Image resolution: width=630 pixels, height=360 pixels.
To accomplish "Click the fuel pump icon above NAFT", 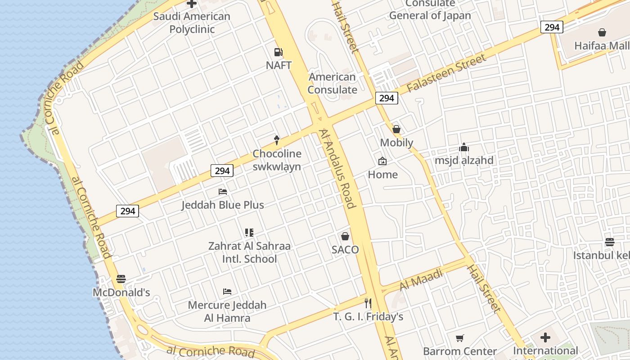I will [x=279, y=52].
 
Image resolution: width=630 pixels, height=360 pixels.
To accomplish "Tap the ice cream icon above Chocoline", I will [x=277, y=140].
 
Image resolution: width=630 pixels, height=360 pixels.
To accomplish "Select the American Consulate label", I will [x=332, y=83].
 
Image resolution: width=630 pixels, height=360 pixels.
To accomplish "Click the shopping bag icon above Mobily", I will [x=396, y=129].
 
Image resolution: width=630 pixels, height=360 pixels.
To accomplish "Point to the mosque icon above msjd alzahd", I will [x=464, y=147].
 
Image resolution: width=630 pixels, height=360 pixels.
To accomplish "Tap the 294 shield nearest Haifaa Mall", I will [x=552, y=27].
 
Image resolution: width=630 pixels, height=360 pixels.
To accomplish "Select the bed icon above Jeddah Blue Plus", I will [x=223, y=192].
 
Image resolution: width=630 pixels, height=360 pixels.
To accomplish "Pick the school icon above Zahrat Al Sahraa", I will [x=249, y=233].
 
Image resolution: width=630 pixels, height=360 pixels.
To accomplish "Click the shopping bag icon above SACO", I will [x=345, y=236].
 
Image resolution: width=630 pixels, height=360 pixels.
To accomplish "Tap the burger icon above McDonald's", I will [x=121, y=279].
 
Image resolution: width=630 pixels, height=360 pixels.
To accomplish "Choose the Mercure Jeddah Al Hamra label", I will [x=227, y=311].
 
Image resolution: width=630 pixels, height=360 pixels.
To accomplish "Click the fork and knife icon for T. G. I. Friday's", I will [x=368, y=303].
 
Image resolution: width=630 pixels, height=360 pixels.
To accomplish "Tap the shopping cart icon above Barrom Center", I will [x=459, y=338].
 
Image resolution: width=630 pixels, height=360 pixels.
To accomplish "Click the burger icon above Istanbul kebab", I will [x=610, y=242].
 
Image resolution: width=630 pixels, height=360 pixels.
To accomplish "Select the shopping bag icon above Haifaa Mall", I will [x=602, y=32].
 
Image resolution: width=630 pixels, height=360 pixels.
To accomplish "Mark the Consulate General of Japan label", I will [x=430, y=10].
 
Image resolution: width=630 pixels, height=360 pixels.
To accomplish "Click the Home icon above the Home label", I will [x=382, y=161].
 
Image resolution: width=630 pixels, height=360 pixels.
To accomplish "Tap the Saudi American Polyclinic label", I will [x=192, y=22].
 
